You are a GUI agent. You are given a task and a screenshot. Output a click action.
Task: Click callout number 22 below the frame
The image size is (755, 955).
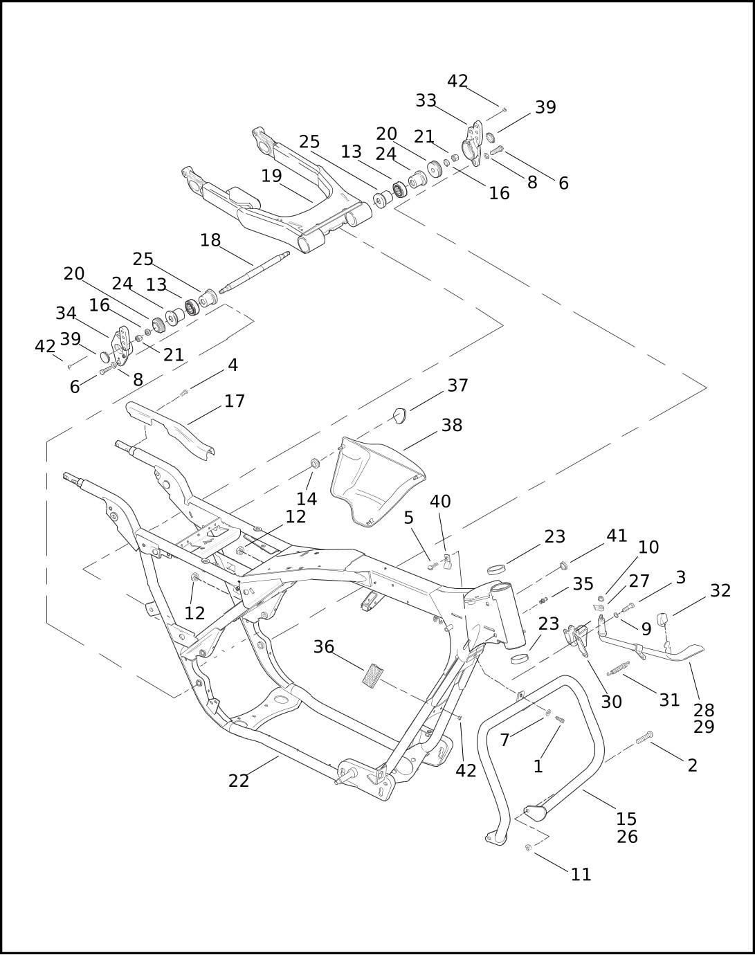tap(238, 781)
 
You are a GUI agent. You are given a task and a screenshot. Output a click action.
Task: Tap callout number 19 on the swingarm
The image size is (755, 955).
tap(271, 176)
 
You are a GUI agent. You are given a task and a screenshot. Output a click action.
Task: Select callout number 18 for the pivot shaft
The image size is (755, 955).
tap(210, 240)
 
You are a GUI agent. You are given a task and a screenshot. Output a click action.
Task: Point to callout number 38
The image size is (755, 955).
tap(452, 425)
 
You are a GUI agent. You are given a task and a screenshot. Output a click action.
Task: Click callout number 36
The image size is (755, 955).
tap(324, 647)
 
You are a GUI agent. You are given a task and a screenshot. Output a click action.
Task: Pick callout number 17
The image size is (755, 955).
tap(235, 401)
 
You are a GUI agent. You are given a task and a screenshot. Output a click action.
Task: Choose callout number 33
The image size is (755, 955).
tap(426, 100)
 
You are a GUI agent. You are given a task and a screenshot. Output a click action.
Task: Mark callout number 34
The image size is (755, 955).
tap(66, 313)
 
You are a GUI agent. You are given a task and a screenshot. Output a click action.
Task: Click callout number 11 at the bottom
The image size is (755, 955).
tap(581, 874)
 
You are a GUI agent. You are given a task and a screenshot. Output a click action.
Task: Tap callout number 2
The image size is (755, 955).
tap(692, 765)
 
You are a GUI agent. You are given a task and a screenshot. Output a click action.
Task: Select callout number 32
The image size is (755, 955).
tap(720, 590)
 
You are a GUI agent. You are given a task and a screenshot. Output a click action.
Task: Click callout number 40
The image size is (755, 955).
tap(440, 501)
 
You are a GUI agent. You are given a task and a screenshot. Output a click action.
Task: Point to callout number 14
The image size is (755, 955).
tap(307, 498)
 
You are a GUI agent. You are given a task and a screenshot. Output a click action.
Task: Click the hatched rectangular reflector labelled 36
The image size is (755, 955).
tap(373, 675)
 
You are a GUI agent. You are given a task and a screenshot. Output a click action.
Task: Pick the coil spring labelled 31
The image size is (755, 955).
tap(617, 669)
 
